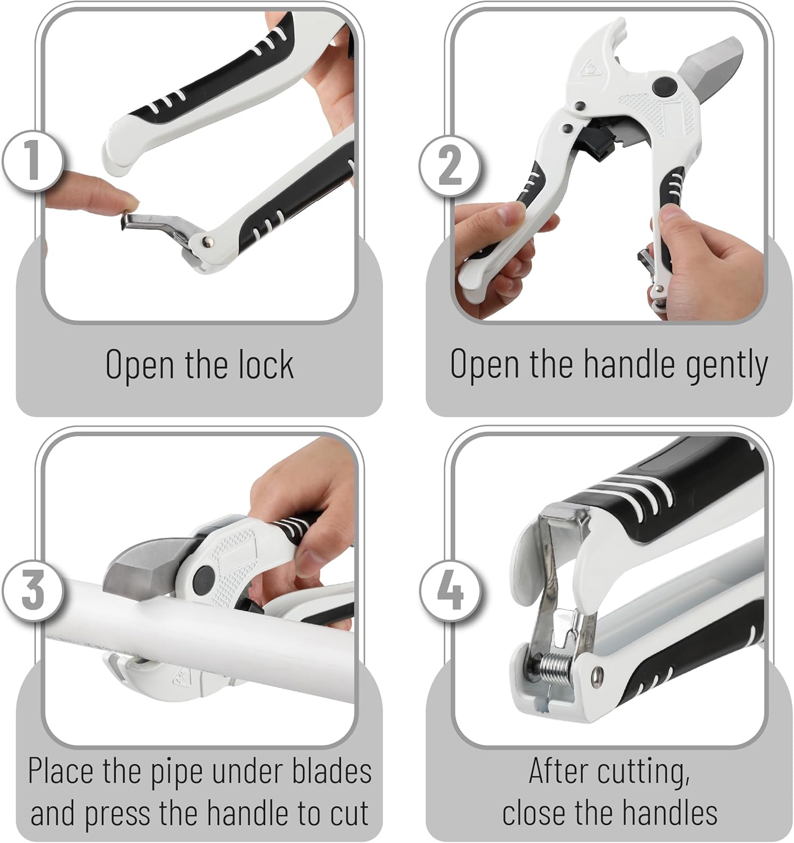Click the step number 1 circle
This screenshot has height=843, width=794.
point(32,161)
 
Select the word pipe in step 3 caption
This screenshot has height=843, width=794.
point(176,772)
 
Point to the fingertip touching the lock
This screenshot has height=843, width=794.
point(121,197)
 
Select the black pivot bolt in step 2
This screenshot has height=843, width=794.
point(664,87)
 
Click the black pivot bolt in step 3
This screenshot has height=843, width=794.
point(204,580)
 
